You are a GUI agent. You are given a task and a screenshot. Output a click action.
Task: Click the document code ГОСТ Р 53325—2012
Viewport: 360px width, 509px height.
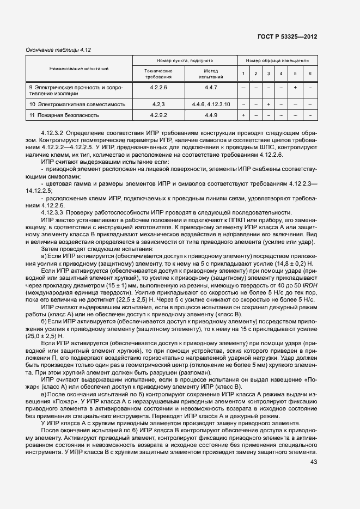point(288,36)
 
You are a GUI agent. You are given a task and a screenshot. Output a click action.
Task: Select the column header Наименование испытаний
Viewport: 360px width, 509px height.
point(79,69)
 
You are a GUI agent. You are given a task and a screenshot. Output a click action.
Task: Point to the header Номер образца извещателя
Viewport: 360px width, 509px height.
point(277,61)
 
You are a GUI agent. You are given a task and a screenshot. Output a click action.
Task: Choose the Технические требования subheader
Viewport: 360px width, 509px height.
point(158,74)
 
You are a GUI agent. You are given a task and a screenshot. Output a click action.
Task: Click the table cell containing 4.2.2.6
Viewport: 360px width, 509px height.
point(158,87)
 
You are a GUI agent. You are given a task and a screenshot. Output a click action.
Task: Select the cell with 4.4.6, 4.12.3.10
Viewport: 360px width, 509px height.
point(211,103)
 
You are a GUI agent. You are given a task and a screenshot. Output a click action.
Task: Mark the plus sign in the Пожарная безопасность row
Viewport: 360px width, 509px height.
point(243,115)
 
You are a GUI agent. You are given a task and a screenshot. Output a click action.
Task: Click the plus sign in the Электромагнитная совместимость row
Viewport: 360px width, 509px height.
point(269,103)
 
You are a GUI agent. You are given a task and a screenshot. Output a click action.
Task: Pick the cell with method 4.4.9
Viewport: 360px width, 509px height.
point(211,115)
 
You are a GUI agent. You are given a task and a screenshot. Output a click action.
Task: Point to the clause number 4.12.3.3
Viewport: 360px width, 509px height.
point(54,212)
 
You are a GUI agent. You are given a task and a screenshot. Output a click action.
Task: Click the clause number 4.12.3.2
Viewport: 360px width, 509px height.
point(54,133)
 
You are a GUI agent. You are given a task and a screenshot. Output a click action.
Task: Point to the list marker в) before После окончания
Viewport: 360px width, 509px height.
point(45,394)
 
